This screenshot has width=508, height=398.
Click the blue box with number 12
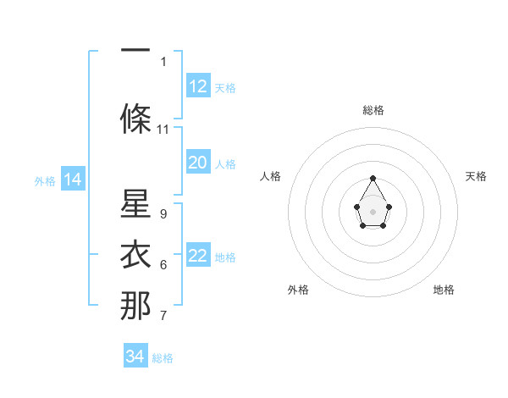click(198, 86)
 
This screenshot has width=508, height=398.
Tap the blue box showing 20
click(198, 163)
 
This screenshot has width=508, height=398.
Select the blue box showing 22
click(198, 256)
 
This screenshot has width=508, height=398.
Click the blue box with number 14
click(72, 180)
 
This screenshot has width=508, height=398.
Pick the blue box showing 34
click(135, 357)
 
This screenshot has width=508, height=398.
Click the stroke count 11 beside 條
click(163, 130)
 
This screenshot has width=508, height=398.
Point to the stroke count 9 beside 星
click(163, 213)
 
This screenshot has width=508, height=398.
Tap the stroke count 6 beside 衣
click(163, 265)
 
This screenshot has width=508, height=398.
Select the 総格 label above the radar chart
click(373, 110)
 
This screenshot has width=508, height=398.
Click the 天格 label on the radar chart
click(476, 176)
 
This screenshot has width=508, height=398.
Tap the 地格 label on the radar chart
click(444, 290)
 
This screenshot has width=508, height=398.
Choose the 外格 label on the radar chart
click(298, 290)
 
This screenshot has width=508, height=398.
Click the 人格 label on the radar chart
click(271, 176)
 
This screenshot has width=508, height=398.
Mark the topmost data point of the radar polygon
click(373, 178)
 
